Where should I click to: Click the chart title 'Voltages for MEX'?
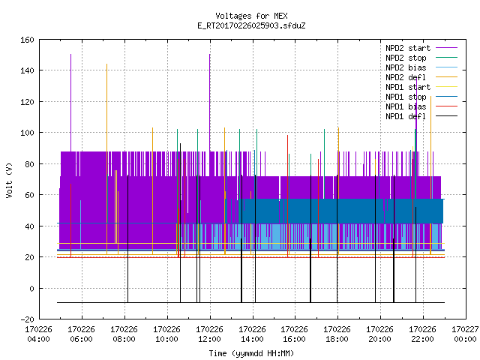[251, 16]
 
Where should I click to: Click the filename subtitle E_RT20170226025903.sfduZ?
[251, 25]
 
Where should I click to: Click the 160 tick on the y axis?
[27, 40]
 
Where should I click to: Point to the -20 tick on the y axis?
[27, 319]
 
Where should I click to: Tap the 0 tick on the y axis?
[31, 288]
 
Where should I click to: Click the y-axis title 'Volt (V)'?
[10, 180]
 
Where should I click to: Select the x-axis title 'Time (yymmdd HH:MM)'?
[251, 353]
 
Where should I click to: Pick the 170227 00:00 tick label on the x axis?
[465, 334]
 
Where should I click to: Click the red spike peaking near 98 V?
[288, 196]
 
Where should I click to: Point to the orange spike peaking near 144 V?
[106, 159]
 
